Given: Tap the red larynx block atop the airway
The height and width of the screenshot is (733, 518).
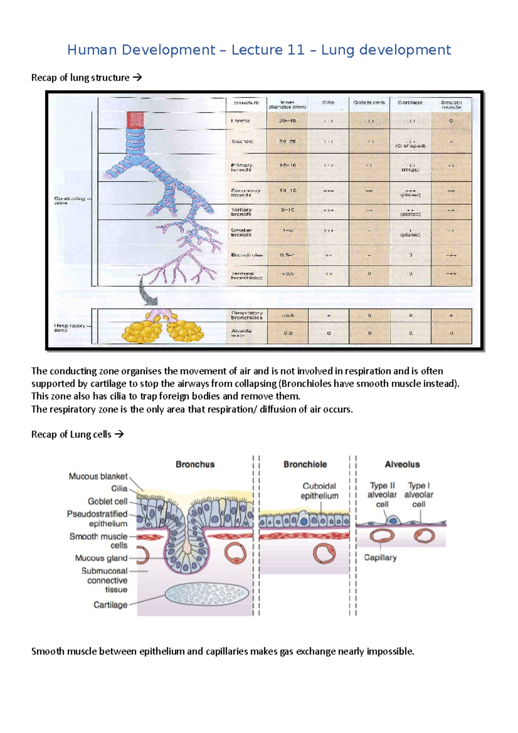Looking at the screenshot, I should pos(135,120).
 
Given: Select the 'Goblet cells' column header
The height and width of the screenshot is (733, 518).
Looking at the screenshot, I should pos(369,103).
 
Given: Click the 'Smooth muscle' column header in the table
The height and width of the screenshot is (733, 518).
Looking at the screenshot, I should pos(451,104).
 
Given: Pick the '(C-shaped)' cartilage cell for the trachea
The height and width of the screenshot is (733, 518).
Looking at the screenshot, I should pos(410,146).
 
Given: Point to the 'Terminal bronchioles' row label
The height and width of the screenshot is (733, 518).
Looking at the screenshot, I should pos(246,275).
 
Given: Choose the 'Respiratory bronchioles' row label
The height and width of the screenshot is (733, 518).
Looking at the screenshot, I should pos(246,315).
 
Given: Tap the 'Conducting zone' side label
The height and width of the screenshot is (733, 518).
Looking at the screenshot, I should pos(69,200).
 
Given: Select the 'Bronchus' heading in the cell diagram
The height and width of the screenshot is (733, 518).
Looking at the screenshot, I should pos(195,464).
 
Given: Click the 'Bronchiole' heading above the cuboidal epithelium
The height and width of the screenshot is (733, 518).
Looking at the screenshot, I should pos(305,464).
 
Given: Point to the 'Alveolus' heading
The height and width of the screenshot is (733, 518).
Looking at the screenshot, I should pos(402,464).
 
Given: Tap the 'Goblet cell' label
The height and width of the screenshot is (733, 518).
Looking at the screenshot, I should pos(107,502).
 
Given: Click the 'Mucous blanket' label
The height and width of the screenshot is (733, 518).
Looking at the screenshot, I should pos(98,477).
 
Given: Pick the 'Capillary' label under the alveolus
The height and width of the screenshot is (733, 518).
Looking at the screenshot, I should pos(380,558).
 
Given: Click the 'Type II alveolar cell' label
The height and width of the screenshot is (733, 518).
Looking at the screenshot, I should pos(382,495).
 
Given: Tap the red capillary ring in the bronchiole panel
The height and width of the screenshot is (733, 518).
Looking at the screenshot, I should pos(324,553).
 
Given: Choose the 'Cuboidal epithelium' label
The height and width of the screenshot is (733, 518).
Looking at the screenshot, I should pos(319,491).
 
